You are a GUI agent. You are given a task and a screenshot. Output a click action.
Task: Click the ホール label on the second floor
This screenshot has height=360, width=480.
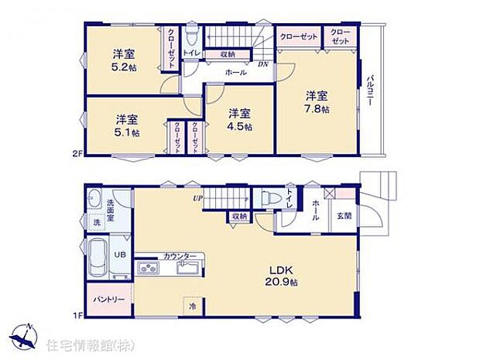click(x=235, y=73)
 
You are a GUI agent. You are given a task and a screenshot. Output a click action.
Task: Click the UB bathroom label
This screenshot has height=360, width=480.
click(x=120, y=253)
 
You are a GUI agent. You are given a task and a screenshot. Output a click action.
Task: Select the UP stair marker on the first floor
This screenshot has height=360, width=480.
click(x=199, y=198)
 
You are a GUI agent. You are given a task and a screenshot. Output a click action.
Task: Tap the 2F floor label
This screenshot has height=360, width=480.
click(x=77, y=154)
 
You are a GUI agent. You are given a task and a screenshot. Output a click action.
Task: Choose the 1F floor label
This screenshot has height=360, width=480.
click(x=77, y=314)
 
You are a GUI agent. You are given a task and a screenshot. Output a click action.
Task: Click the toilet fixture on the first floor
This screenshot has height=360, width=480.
click(x=269, y=198)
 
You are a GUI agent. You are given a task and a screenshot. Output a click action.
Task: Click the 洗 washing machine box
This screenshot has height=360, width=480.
click(x=97, y=222)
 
